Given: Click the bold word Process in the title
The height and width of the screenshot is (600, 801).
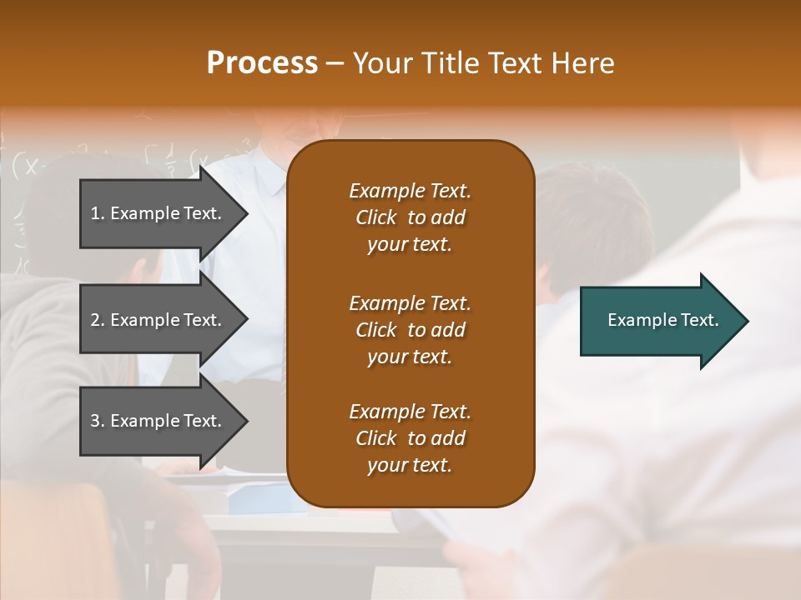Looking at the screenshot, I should click(x=262, y=63).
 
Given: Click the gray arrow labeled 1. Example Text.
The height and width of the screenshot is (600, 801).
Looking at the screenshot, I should click(x=159, y=213).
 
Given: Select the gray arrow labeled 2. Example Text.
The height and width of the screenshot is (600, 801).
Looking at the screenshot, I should click(x=159, y=320).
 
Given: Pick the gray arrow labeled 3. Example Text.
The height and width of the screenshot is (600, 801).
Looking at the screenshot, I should click(x=159, y=421).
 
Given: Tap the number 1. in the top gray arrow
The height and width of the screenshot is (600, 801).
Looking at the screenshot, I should click(x=98, y=213).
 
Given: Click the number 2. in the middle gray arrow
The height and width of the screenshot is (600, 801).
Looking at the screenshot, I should click(x=98, y=320).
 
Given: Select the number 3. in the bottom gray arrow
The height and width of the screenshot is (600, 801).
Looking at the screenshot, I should click(x=98, y=421).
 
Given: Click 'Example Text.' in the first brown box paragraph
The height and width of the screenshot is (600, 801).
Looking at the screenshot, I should click(x=410, y=191).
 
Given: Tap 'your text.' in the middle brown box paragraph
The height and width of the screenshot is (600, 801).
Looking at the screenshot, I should click(x=410, y=357).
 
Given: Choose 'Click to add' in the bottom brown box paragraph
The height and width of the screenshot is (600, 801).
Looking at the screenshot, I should click(x=410, y=438).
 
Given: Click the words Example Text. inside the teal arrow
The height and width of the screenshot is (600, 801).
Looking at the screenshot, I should click(x=662, y=320).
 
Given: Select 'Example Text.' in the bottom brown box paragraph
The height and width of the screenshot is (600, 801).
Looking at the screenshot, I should click(x=410, y=412).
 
